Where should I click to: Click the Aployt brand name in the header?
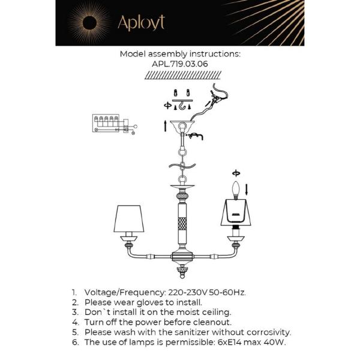[141, 23]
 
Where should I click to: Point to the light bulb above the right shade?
[236, 189]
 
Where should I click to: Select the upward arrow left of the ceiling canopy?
[165, 125]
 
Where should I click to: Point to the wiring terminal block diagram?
[109, 124]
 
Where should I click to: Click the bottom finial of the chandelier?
[181, 274]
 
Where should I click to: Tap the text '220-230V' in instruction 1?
[184, 292]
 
